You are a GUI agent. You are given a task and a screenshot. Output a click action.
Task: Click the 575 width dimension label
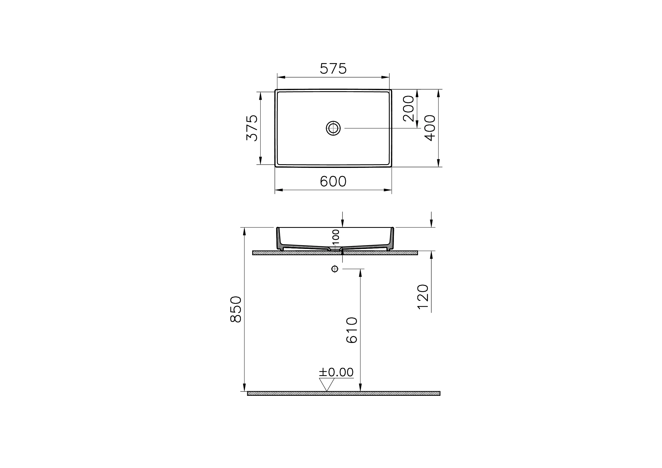click(333, 69)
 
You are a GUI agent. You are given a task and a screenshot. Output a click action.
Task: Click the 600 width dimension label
click(333, 182)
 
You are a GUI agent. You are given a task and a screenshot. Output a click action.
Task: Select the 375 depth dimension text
click(252, 128)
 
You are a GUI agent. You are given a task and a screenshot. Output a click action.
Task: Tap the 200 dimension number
click(409, 109)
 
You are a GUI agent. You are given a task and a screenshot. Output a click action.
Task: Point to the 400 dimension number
click(430, 128)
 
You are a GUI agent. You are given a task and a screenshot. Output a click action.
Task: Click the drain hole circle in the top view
click(333, 128)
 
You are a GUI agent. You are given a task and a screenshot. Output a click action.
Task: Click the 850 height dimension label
click(236, 309)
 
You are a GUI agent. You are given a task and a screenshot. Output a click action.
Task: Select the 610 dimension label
click(352, 330)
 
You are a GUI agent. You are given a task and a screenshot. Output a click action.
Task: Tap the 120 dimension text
click(423, 297)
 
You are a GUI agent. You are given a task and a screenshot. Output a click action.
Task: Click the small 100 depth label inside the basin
click(336, 237)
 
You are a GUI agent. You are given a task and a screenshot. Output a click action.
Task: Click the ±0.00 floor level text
click(336, 373)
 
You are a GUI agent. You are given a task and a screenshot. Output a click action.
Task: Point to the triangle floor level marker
click(327, 384)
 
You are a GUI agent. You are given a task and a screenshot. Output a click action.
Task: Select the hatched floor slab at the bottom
click(343, 393)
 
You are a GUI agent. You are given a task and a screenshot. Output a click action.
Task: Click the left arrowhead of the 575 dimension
click(281, 77)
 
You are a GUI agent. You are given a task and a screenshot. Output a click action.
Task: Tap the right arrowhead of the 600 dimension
click(388, 190)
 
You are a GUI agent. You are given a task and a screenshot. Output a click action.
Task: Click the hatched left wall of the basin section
click(279, 239)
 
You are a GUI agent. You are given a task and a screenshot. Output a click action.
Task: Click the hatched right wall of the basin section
click(391, 239)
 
